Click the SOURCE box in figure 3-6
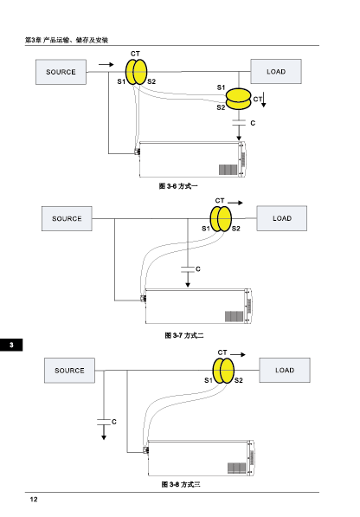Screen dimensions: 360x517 coord(61,72)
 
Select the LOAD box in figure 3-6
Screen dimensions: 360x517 coord(276,72)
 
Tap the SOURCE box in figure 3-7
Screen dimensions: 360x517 coord(67,218)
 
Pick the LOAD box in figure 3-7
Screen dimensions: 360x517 coord(282,218)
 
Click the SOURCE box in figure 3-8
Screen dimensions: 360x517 coord(69,371)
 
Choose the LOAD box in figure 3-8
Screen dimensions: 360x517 coord(285,370)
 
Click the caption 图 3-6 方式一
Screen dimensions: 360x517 coord(178,186)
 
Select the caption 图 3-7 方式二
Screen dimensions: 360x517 coord(184,335)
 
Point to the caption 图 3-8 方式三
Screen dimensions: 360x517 coord(181,484)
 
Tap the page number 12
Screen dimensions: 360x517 coord(34,499)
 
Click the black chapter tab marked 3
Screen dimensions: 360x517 coord(11,345)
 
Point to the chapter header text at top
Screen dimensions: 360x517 coord(67,40)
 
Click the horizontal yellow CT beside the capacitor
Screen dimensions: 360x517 coord(239,99)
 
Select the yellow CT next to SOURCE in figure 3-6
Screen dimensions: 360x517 coord(137,72)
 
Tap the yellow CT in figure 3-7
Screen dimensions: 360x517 coord(221,219)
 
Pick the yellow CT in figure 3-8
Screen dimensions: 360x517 coord(223,371)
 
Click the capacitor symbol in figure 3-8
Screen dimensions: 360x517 coord(104,422)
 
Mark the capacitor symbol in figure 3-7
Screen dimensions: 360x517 coord(188,269)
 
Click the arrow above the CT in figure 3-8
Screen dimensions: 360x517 coord(238,354)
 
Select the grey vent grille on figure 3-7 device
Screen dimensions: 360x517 coord(235,317)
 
